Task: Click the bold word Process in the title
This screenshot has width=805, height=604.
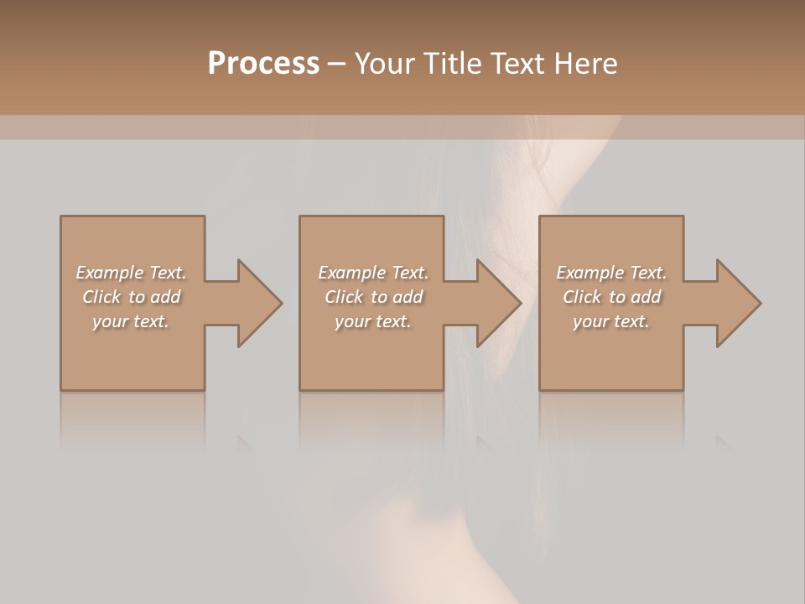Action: tap(263, 64)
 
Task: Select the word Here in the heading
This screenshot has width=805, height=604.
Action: tap(585, 64)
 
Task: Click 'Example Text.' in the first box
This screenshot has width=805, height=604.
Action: tap(131, 273)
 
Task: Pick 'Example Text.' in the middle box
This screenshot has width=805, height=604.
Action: tap(373, 273)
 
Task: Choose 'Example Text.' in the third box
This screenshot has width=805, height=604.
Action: tap(611, 273)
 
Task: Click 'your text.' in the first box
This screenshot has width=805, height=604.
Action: tap(131, 321)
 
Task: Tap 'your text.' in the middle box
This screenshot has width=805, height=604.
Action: tap(373, 321)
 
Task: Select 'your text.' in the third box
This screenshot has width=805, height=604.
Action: tap(611, 321)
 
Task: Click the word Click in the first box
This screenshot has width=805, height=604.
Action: tap(101, 297)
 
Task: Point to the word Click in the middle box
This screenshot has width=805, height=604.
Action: tap(344, 297)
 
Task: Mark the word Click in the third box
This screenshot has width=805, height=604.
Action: tap(582, 297)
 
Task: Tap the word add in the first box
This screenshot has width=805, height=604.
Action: tap(166, 297)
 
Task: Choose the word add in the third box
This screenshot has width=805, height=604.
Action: tap(647, 297)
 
